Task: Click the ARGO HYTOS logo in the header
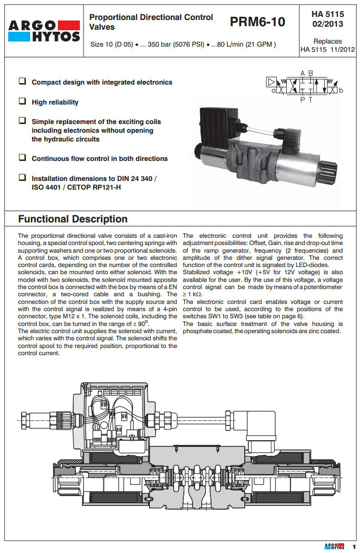(x=44, y=30)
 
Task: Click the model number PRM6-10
(x=258, y=22)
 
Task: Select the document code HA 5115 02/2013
(x=328, y=19)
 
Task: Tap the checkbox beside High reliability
(x=23, y=101)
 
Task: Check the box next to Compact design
(x=23, y=81)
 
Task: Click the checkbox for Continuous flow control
(x=23, y=158)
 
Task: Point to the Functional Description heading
(x=73, y=219)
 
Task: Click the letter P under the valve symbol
(x=302, y=99)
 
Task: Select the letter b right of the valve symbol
(x=341, y=91)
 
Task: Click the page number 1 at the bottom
(x=353, y=546)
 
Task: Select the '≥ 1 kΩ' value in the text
(x=193, y=295)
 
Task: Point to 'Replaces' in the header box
(x=328, y=41)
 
